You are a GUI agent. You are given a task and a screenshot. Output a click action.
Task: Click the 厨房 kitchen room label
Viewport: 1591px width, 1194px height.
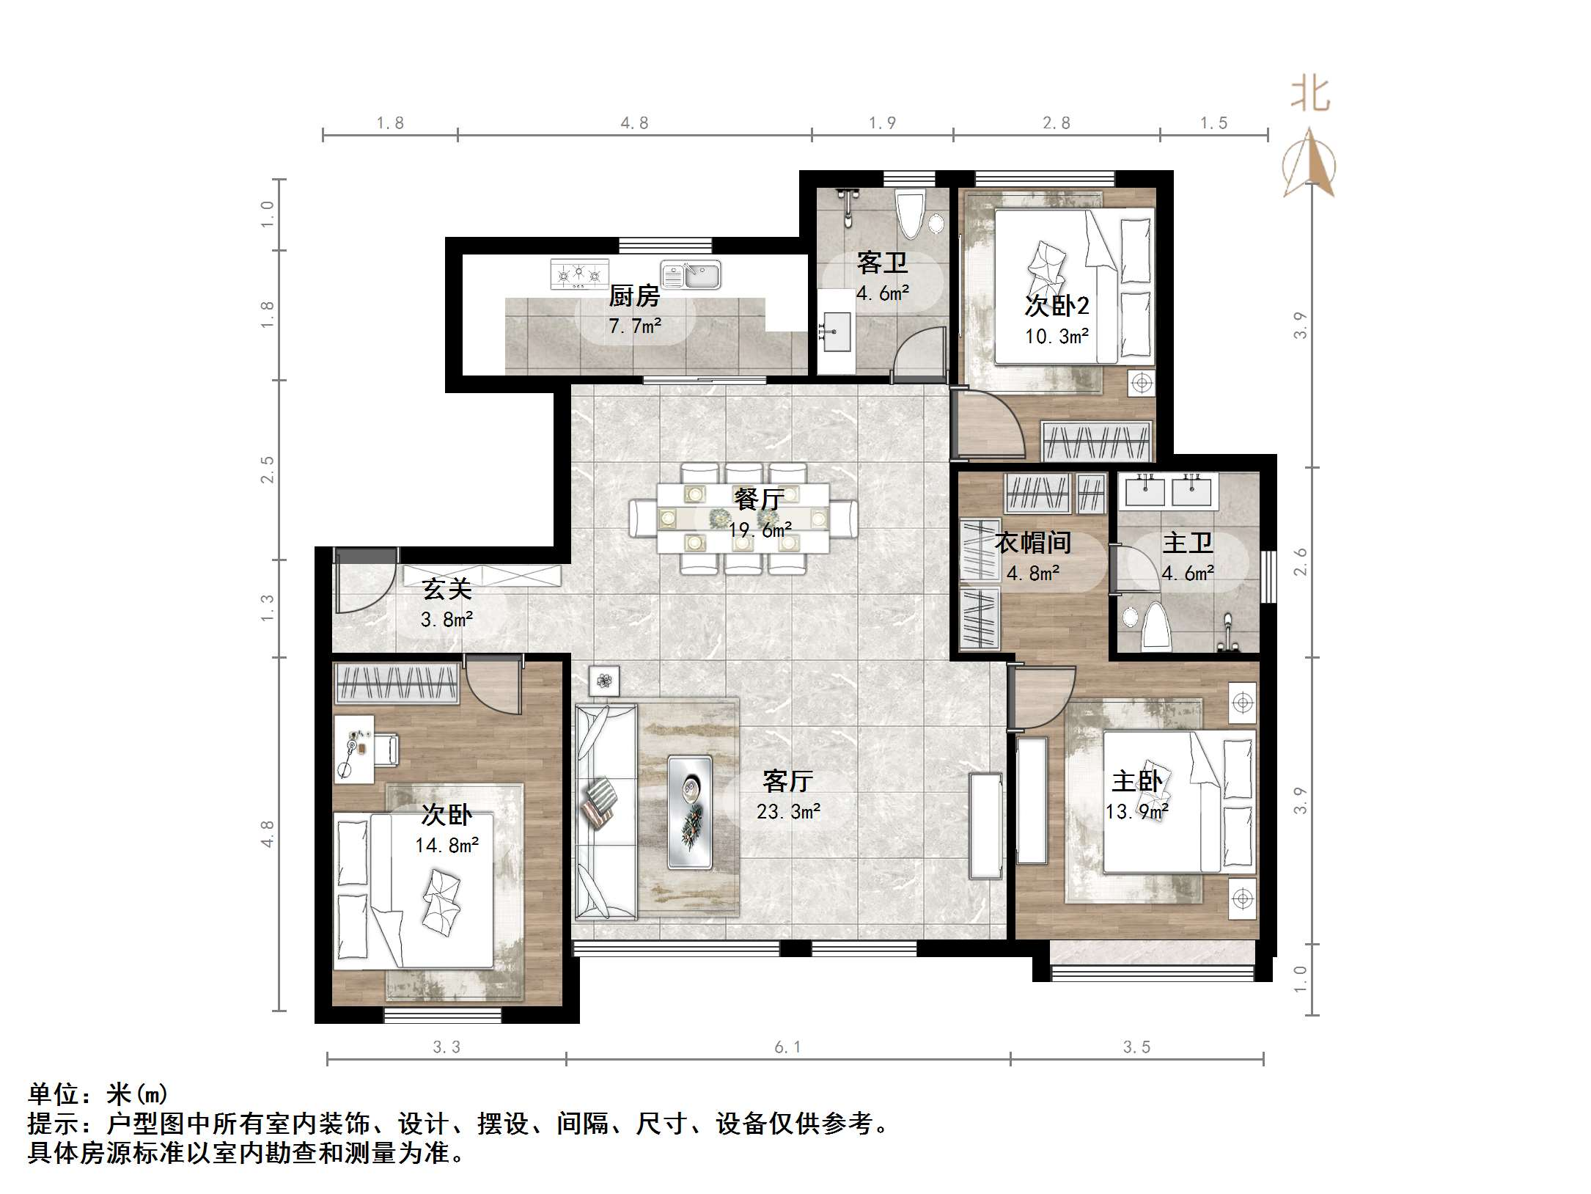point(634,296)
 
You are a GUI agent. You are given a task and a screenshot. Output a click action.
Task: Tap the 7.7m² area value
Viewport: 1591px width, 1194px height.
point(635,325)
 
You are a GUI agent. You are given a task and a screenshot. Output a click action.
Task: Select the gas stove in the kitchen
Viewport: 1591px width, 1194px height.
point(579,274)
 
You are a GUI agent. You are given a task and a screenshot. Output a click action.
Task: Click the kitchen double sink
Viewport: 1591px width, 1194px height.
point(691,275)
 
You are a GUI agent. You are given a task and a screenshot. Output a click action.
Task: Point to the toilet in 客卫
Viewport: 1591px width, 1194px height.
point(911,213)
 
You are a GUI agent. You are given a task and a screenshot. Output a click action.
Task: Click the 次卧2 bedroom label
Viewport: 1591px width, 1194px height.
point(1057,305)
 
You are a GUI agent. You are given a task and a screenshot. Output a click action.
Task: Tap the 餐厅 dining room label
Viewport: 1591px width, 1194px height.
point(760,499)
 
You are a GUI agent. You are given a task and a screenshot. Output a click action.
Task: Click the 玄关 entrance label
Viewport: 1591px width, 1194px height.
point(447,589)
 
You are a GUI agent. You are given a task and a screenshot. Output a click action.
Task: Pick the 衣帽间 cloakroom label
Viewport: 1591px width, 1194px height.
point(1032,543)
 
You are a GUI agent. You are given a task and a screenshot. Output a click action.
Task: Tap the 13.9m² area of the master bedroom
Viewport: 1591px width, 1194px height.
point(1136,811)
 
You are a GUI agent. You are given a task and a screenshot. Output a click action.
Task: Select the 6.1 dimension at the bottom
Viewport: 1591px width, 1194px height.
point(788,1047)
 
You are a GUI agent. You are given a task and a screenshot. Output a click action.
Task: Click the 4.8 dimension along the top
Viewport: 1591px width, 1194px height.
point(634,123)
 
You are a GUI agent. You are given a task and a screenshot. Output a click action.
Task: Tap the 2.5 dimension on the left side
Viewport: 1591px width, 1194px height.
point(268,469)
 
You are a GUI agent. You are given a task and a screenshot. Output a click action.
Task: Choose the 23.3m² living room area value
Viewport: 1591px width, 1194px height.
point(788,811)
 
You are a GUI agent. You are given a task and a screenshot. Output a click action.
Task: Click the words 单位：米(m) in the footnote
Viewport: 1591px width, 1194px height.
point(98,1094)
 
